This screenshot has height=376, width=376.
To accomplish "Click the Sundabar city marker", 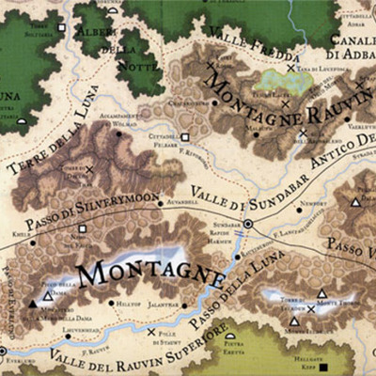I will click(249, 224).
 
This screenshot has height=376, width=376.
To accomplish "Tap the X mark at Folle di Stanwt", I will click(151, 331).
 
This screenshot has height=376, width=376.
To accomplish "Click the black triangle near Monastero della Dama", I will click(33, 304).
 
